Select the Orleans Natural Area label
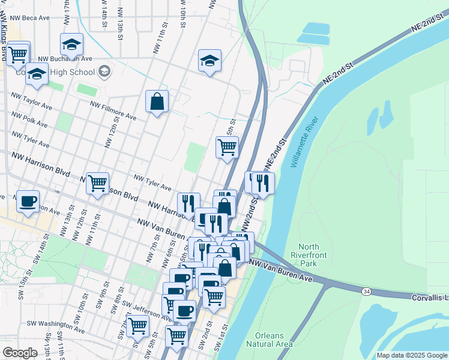point(270,340)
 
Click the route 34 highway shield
point(366,292)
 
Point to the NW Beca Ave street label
point(27,18)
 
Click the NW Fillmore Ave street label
point(113,111)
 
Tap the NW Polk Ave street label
point(26,118)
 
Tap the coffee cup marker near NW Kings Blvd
point(27,201)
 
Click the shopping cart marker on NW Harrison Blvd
point(97,182)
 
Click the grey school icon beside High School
point(104,72)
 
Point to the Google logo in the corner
point(20,352)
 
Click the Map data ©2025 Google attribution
point(411,355)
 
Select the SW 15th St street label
point(21,289)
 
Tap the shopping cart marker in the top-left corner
point(18,53)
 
